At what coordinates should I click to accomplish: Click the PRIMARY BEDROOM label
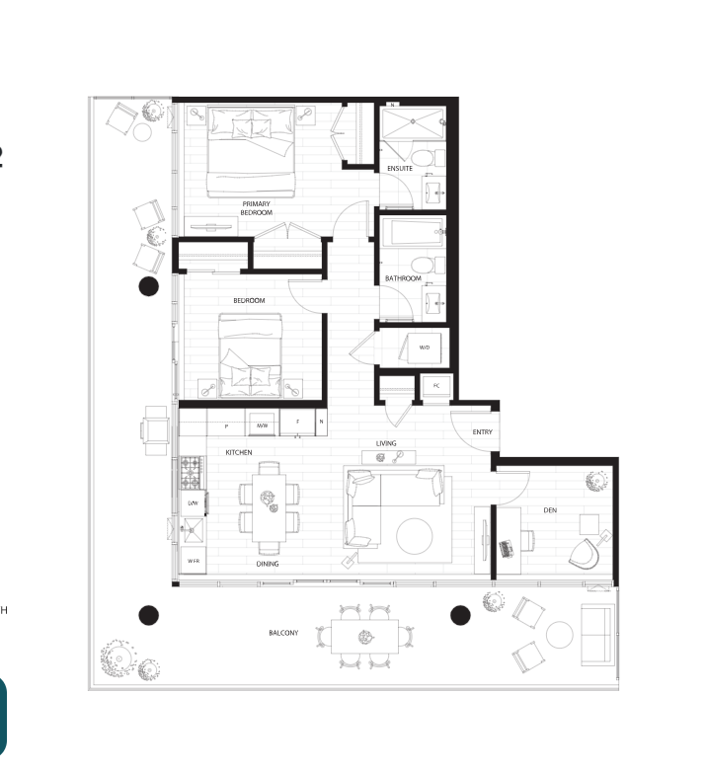click(256, 208)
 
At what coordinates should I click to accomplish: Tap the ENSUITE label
click(400, 169)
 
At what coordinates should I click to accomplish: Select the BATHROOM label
click(403, 278)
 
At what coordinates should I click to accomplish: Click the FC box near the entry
click(435, 386)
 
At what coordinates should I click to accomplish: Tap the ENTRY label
click(482, 432)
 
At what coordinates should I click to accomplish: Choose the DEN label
click(550, 510)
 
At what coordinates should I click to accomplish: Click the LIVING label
click(386, 443)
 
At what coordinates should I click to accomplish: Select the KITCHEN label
click(239, 452)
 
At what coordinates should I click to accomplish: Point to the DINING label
click(267, 564)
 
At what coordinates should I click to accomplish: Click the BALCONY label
click(283, 632)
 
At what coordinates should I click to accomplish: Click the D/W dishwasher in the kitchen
click(194, 503)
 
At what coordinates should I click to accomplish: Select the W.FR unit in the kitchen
click(195, 562)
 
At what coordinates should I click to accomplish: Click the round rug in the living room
click(415, 536)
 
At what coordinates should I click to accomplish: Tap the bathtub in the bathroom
click(414, 236)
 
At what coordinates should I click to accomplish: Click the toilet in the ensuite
click(422, 158)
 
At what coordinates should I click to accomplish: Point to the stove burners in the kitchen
click(191, 472)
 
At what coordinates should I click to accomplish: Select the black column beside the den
click(460, 615)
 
